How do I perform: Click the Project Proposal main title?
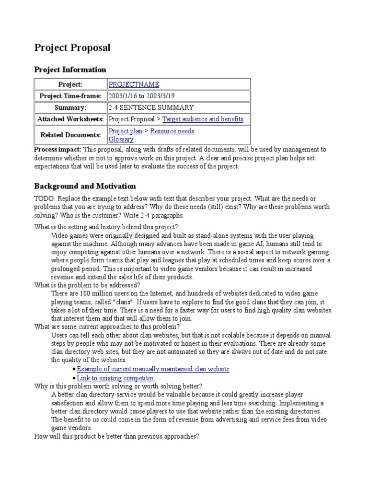[72, 48]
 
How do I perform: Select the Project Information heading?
[70, 70]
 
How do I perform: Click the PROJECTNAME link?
[134, 84]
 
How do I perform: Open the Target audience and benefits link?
[203, 119]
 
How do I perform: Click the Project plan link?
[122, 131]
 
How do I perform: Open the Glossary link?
[121, 140]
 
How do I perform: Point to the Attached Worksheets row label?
[70, 119]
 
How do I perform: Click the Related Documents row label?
[70, 135]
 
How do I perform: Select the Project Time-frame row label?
[70, 96]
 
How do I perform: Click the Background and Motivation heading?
[85, 186]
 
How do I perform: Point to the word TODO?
[44, 198]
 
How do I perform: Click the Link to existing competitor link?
[115, 378]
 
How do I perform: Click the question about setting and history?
[106, 227]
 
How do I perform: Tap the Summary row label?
[70, 107]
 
